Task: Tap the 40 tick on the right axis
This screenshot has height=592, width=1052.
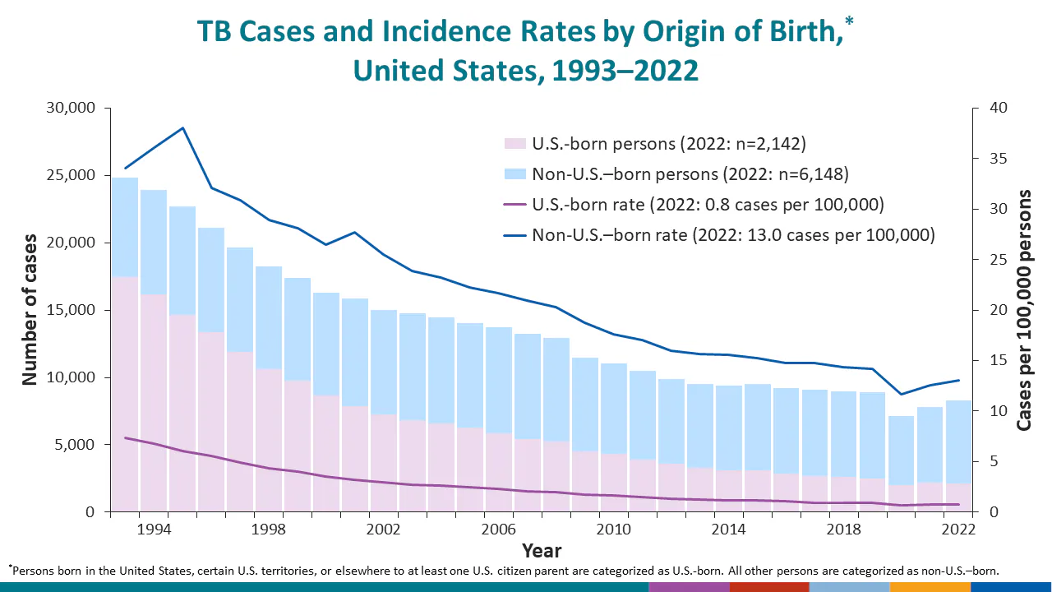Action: point(985,109)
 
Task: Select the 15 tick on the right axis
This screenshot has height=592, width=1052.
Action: point(985,360)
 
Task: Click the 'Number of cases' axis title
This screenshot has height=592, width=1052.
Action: point(30,309)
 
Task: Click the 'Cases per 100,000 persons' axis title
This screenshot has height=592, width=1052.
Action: point(1024,309)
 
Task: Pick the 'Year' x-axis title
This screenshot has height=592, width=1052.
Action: point(542,549)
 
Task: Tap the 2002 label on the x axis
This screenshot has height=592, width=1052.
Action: point(383,529)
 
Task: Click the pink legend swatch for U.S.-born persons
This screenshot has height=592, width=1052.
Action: point(514,143)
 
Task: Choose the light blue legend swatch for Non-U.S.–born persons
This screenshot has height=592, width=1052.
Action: point(514,173)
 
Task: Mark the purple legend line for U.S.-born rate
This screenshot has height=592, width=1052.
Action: point(514,205)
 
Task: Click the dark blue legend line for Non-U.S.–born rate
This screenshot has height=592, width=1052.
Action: point(514,235)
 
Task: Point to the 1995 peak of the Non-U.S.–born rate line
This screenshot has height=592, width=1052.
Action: point(182,127)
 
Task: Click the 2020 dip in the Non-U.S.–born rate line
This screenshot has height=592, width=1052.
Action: point(902,394)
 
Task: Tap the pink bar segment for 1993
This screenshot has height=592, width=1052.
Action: point(125,395)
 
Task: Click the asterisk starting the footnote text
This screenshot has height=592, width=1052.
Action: point(11,567)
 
